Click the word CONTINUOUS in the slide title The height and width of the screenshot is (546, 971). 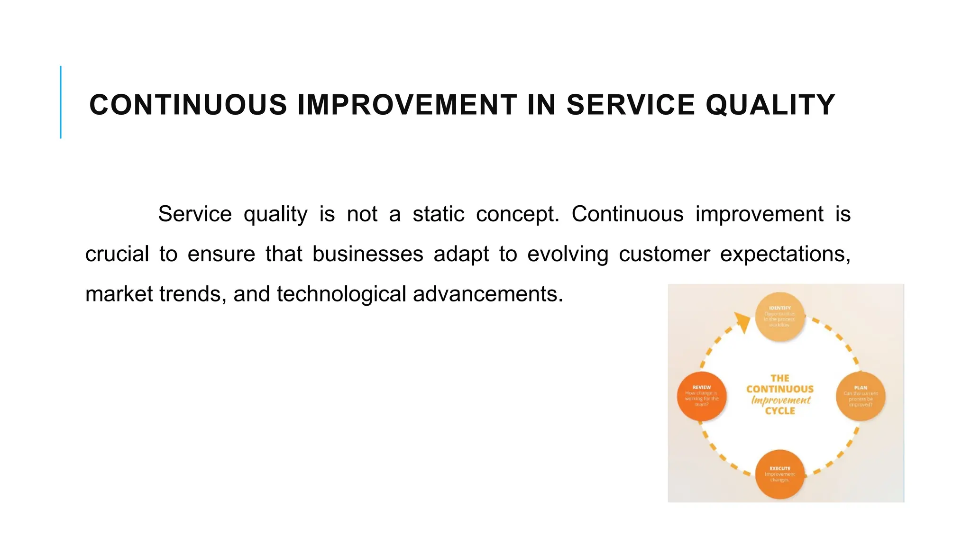click(x=188, y=105)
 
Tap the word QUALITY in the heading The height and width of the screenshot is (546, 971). click(x=770, y=105)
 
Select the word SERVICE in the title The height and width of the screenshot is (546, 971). click(x=631, y=105)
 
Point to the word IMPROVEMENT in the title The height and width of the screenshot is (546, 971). click(x=407, y=105)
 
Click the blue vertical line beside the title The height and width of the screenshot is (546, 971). click(x=61, y=102)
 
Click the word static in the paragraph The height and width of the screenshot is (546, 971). click(x=438, y=214)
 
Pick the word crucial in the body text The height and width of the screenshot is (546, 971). click(x=117, y=254)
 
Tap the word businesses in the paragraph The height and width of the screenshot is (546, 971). click(x=367, y=254)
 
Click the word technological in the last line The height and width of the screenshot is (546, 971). click(x=341, y=294)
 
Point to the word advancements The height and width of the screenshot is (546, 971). click(x=488, y=294)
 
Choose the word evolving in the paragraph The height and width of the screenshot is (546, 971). click(x=568, y=254)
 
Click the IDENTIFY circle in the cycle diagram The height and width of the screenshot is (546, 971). click(x=780, y=317)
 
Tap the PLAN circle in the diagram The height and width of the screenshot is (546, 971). click(x=861, y=396)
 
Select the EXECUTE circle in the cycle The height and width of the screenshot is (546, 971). click(x=780, y=474)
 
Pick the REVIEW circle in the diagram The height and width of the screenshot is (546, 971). click(x=702, y=396)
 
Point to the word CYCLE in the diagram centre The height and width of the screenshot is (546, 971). click(x=780, y=411)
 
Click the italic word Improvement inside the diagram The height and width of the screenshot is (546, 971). click(x=781, y=400)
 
